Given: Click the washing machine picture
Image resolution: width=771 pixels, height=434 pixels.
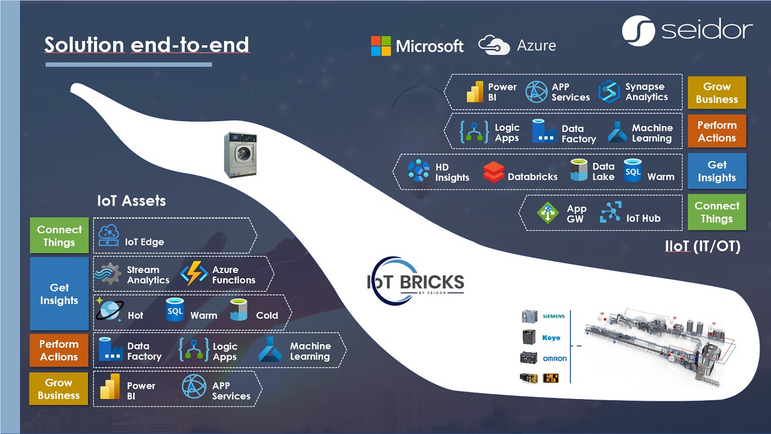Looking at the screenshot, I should pos(240,155).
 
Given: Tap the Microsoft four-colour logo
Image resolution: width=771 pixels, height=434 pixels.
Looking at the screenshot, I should pos(381,46).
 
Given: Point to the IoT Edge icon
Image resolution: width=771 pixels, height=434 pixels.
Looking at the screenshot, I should pos(108,236).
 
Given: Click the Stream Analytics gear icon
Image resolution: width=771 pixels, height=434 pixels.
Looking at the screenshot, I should pos(108,274).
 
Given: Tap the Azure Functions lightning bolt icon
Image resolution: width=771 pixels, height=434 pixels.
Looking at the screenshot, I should pos(194,274).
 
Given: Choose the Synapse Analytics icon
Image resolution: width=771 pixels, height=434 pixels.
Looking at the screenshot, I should pos(609,92).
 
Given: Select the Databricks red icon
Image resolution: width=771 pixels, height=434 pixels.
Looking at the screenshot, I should pos(493,172).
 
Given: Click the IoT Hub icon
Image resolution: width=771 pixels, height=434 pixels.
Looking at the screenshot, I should pos(610,213).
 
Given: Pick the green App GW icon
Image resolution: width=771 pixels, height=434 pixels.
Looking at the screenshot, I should pos(548,213).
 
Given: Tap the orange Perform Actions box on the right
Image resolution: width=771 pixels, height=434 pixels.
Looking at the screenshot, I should pos(717,131).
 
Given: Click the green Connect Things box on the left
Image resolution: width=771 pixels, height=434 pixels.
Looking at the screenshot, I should pos(59,236).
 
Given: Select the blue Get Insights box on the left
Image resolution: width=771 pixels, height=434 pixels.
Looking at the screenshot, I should pos(59,294).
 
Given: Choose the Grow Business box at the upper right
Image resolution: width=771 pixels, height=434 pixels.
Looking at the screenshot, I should pos(717,93).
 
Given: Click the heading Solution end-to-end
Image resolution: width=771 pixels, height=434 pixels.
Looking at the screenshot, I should pos(146,45).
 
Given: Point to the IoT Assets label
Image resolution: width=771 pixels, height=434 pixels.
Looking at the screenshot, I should pos(131,201).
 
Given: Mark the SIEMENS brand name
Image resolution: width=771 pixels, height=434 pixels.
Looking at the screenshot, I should pos(554,316).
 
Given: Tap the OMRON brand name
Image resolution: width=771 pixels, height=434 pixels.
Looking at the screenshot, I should pos(554,359).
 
